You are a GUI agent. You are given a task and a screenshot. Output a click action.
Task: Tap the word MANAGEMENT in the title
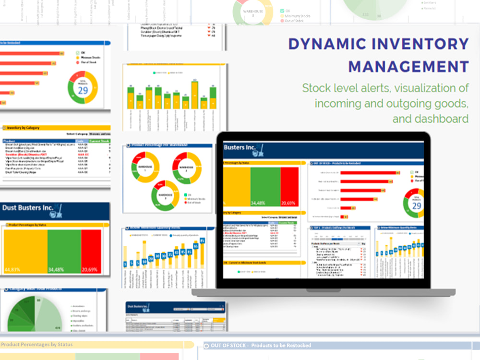tap(408, 66)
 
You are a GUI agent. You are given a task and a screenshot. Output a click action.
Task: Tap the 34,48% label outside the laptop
tap(57, 270)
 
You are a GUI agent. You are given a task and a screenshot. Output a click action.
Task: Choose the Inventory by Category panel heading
tap(23, 128)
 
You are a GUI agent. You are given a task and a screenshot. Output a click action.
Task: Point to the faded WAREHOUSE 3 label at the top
tap(253, 12)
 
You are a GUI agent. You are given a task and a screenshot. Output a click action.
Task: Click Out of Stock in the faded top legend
tap(294, 21)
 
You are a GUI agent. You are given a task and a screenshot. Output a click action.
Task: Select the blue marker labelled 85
tap(202, 240)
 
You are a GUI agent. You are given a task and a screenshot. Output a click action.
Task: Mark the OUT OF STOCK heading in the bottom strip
tap(262, 345)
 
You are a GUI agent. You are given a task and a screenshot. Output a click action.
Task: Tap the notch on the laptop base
tap(323, 291)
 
